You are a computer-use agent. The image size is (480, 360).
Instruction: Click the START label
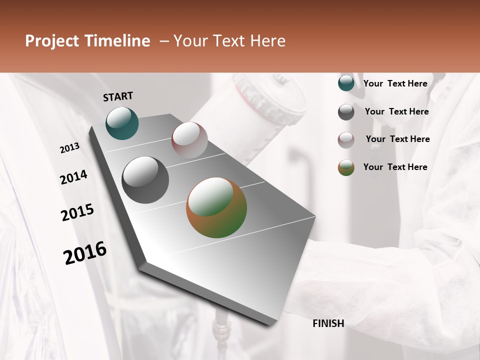118,96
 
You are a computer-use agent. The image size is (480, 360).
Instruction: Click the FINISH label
328,323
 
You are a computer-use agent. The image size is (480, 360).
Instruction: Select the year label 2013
70,148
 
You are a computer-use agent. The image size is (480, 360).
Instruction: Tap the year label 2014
73,177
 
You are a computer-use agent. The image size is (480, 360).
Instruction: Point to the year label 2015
77,212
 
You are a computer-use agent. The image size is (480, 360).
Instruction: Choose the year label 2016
85,253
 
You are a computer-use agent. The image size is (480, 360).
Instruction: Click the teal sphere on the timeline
122,123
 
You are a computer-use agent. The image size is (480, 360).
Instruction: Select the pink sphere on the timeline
189,140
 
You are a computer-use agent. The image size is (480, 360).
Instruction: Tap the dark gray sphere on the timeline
145,180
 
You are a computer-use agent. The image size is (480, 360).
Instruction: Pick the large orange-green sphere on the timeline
216,207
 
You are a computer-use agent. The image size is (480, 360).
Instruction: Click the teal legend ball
346,83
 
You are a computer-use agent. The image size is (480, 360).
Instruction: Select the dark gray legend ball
346,112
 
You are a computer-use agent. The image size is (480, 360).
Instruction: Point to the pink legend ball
346,140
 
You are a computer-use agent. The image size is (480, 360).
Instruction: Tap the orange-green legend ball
346,167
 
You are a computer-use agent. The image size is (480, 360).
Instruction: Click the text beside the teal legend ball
395,83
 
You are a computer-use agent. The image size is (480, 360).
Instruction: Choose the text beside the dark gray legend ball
396,111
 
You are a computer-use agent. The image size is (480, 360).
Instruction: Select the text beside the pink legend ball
397,139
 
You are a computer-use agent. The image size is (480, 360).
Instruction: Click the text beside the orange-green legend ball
395,167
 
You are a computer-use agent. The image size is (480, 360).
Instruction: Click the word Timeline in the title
118,41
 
